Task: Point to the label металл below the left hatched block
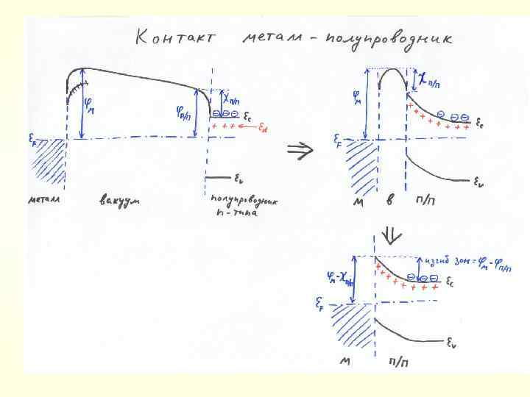[46, 200]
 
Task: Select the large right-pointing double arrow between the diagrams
[300, 150]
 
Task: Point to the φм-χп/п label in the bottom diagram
[340, 277]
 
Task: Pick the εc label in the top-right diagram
[479, 123]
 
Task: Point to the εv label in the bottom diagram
[452, 341]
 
